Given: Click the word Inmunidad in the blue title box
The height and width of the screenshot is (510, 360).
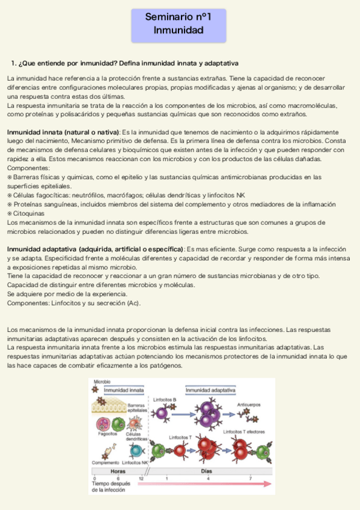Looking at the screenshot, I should [178, 30].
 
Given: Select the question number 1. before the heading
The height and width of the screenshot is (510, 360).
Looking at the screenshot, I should [14, 63].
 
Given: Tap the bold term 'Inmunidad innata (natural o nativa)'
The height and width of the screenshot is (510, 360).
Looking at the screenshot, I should [63, 132].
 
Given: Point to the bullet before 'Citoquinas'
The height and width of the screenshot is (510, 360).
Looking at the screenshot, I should [10, 213].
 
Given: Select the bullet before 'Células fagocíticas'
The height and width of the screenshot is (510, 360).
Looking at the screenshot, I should [10, 195].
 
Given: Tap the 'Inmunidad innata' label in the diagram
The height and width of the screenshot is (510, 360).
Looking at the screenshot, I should [124, 390].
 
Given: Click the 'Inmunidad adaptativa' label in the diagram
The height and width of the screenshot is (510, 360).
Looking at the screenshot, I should [210, 390].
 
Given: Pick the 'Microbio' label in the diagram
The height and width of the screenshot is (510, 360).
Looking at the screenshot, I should [103, 382].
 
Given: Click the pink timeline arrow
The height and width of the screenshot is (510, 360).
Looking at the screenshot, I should [204, 483].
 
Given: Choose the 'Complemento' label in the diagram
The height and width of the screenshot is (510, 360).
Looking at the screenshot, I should [105, 462].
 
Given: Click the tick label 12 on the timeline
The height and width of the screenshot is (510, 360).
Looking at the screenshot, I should [141, 478].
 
